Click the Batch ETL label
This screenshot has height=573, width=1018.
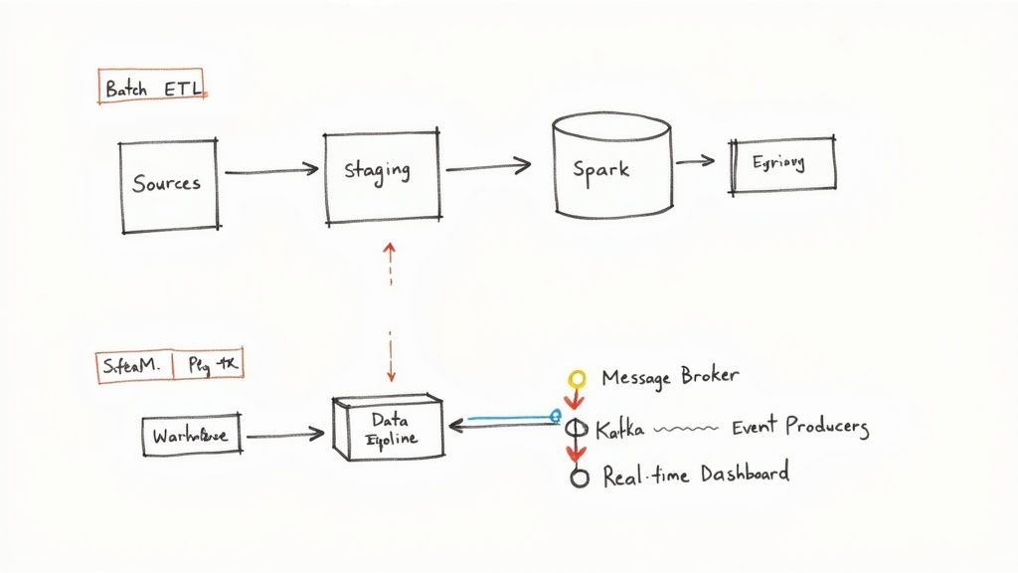click(x=153, y=88)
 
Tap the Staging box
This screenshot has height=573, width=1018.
click(x=382, y=176)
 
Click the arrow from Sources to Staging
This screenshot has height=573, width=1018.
click(x=270, y=173)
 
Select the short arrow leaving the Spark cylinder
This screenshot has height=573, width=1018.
click(x=695, y=160)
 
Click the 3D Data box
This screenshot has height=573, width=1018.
click(x=390, y=430)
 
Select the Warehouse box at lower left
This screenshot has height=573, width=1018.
click(x=191, y=436)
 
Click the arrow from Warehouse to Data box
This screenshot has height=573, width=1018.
click(x=284, y=435)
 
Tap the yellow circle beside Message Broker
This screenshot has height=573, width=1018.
click(x=576, y=379)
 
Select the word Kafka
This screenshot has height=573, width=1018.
click(x=619, y=430)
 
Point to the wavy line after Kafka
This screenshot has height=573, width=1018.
click(x=687, y=430)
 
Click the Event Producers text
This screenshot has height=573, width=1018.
click(x=799, y=428)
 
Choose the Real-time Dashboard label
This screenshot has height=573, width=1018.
click(x=696, y=475)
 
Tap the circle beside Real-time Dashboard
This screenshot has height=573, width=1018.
click(x=579, y=477)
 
